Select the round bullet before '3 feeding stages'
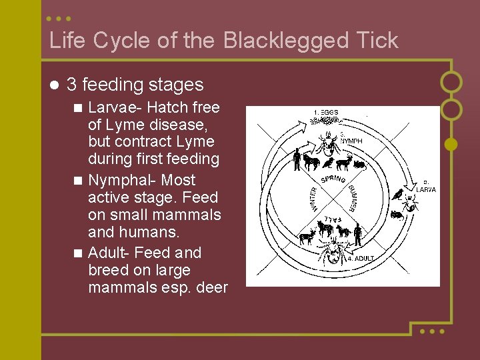coord(54,85)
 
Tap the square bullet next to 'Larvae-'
coord(79,108)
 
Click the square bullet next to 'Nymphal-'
coord(79,181)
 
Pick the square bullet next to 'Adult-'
coord(79,253)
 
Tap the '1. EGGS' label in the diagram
coord(326,112)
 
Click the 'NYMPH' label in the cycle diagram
coord(351,141)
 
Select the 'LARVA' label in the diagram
coord(426,189)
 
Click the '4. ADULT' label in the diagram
coord(361,258)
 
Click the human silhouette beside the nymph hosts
coord(297,159)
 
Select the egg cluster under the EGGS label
coord(326,121)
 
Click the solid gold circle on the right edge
coord(451,143)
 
